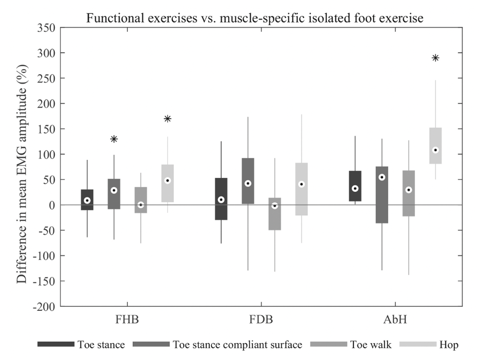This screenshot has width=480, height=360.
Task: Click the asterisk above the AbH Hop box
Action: coord(435,58)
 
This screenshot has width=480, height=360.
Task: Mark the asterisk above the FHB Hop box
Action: coord(167,119)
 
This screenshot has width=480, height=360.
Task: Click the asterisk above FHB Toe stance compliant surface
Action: coord(114,139)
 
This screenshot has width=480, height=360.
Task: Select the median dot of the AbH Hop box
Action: coord(435,150)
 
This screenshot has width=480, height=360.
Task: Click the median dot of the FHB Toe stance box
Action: coord(87,201)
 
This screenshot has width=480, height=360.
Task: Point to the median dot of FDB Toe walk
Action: coord(275,206)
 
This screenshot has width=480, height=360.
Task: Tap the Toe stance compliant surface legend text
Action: coord(238,345)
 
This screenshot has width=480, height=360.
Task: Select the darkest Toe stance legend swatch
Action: coord(55,345)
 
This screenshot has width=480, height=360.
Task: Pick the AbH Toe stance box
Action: coord(355,186)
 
